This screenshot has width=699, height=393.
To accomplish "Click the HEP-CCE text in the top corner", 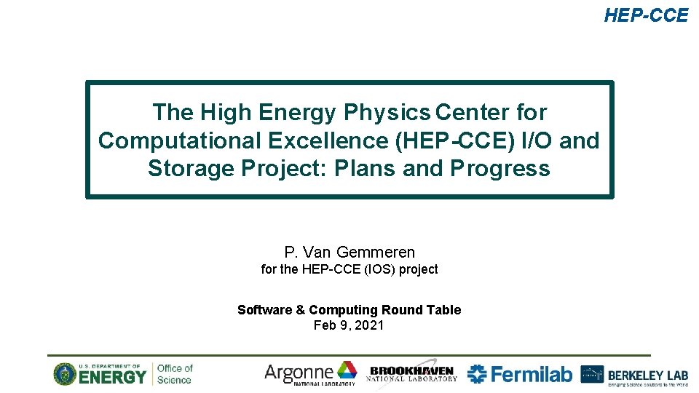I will click(x=645, y=15).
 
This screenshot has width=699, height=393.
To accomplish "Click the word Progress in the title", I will click(x=499, y=169).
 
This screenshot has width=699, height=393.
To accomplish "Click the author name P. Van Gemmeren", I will click(x=349, y=253).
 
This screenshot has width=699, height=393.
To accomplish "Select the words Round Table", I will click(x=427, y=310).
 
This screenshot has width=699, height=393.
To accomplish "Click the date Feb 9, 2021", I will click(x=349, y=325).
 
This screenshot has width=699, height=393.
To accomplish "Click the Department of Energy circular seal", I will click(x=64, y=374).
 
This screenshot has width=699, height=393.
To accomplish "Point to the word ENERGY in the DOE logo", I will click(x=113, y=377).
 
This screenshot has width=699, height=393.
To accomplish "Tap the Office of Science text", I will click(x=175, y=373).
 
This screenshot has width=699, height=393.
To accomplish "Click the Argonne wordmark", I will click(x=299, y=373).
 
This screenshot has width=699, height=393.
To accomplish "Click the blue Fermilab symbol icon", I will click(x=478, y=374).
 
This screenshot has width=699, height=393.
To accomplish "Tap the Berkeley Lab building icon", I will click(x=592, y=374).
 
